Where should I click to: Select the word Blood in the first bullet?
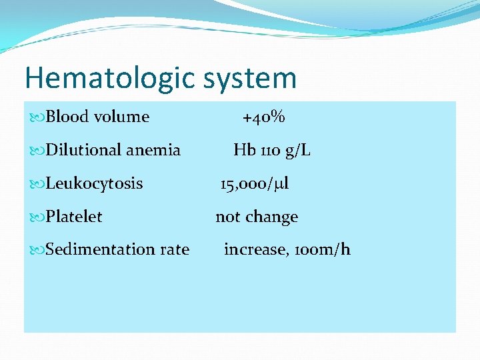(x=67, y=117)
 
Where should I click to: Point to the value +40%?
(x=263, y=117)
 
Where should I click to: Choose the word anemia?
(x=153, y=150)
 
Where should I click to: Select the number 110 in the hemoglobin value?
(x=270, y=150)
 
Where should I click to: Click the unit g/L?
(x=297, y=151)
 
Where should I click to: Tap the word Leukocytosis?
(x=94, y=183)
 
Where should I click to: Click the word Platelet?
(x=74, y=217)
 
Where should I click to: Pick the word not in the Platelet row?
(x=227, y=217)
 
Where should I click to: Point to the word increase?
(x=253, y=249)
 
